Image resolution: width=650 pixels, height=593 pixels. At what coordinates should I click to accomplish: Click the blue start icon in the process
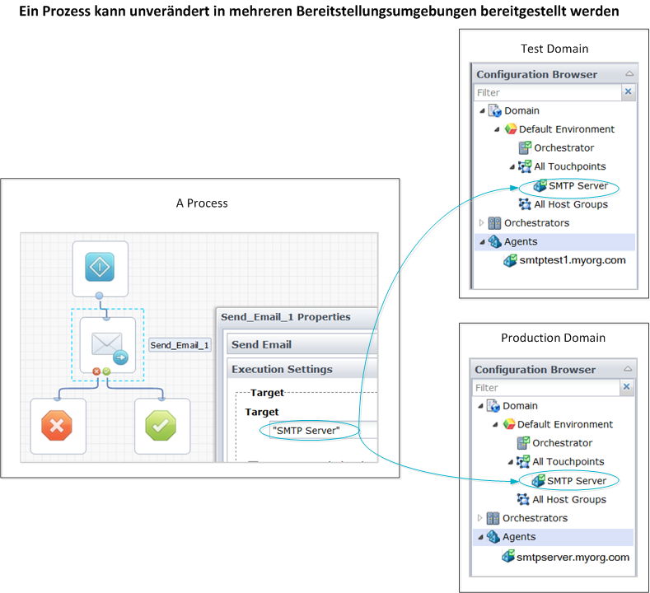click(x=100, y=268)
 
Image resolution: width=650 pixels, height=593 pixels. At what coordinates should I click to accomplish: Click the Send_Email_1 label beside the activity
click(x=180, y=345)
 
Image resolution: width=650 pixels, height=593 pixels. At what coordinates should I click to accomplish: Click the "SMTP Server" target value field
click(x=306, y=430)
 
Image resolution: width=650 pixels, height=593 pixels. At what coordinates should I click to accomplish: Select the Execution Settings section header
click(x=282, y=370)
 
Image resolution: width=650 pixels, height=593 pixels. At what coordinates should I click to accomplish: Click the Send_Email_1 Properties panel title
click(x=285, y=317)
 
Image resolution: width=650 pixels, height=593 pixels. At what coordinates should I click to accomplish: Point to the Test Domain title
click(x=554, y=49)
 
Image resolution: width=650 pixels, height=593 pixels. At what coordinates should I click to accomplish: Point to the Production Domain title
click(x=553, y=338)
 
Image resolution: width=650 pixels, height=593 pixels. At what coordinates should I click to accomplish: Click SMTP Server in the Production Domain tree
click(x=577, y=481)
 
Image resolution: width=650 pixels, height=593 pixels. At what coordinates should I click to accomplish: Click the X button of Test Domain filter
click(x=629, y=92)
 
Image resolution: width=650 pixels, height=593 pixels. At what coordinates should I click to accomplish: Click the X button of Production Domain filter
click(x=627, y=387)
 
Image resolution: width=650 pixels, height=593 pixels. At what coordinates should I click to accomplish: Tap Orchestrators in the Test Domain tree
click(x=536, y=223)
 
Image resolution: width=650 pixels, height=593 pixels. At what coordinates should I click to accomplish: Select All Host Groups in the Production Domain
click(x=569, y=499)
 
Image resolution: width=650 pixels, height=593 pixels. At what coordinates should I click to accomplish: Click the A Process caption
click(x=202, y=203)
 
